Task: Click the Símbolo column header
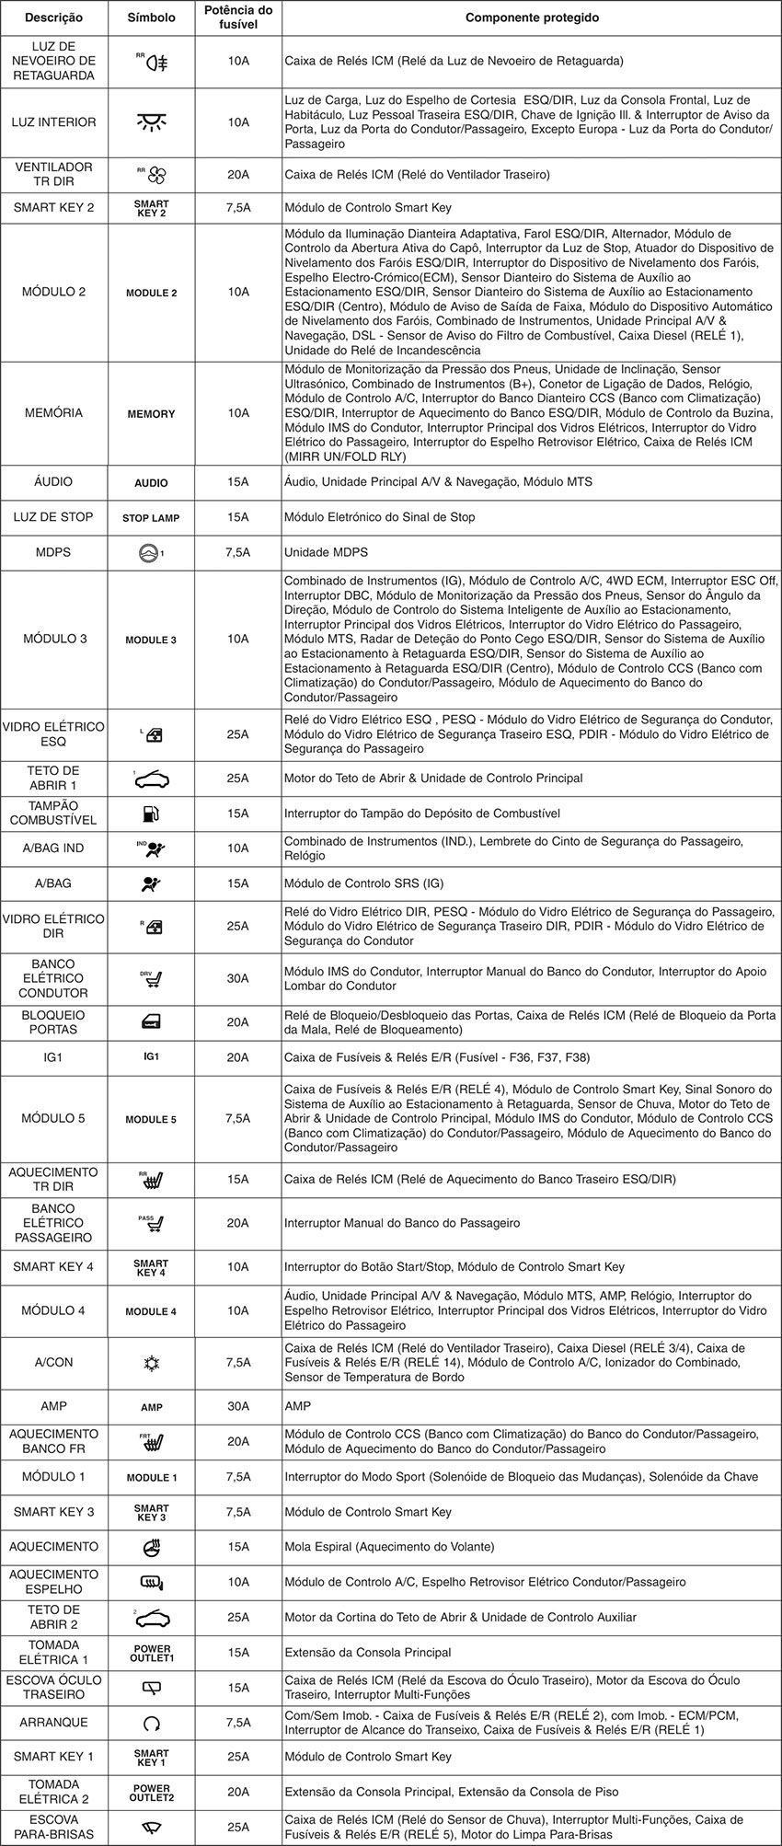pyautogui.click(x=151, y=18)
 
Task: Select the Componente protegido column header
pyautogui.click(x=532, y=18)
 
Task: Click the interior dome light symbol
pyautogui.click(x=151, y=122)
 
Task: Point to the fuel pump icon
pyautogui.click(x=151, y=813)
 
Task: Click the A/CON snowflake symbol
pyautogui.click(x=151, y=1363)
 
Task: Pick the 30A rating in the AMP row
pyautogui.click(x=238, y=1406)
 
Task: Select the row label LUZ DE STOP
pyautogui.click(x=53, y=517)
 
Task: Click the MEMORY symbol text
pyautogui.click(x=151, y=414)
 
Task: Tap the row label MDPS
pyautogui.click(x=53, y=552)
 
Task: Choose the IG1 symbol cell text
pyautogui.click(x=151, y=1057)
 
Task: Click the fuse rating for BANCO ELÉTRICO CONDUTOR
pyautogui.click(x=238, y=978)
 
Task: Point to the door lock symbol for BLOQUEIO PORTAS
pyautogui.click(x=151, y=1022)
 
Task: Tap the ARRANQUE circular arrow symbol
pyautogui.click(x=151, y=1723)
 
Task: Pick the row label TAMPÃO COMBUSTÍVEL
pyautogui.click(x=53, y=813)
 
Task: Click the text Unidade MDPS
pyautogui.click(x=326, y=552)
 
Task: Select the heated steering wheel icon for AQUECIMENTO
pyautogui.click(x=151, y=1547)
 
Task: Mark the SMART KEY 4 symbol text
pyautogui.click(x=151, y=1267)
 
